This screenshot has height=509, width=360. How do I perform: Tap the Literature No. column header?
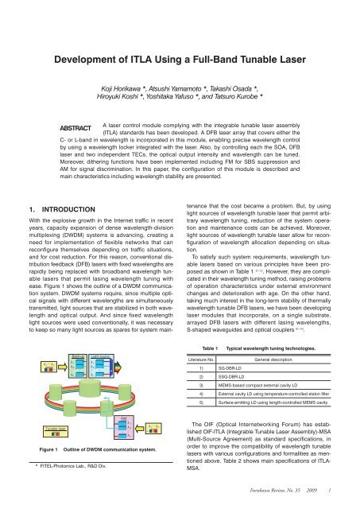click(x=207, y=360)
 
